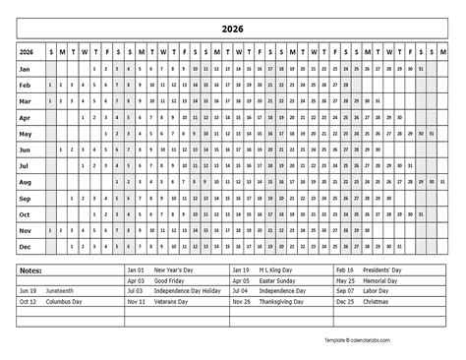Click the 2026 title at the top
233,30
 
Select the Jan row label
28,69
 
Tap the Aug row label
28,182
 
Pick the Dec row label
28,246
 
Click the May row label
28,133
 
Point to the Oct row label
28,214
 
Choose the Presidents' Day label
384,270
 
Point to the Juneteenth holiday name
60,292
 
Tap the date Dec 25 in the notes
344,303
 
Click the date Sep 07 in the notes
344,292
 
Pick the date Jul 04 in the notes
240,292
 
